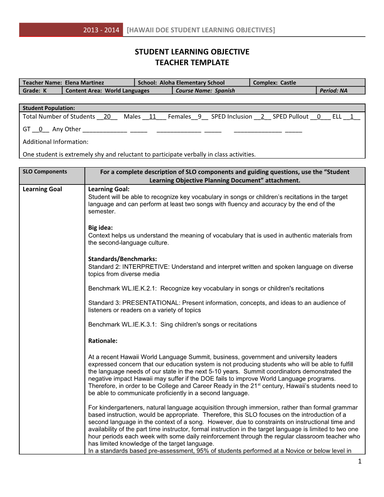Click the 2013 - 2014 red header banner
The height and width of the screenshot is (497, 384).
click(x=71, y=30)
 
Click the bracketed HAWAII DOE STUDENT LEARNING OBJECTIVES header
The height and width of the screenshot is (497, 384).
click(x=201, y=30)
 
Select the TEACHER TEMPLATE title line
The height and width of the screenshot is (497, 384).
click(x=192, y=63)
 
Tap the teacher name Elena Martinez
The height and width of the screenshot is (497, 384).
click(x=84, y=82)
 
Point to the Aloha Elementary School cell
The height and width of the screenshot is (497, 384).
click(x=192, y=82)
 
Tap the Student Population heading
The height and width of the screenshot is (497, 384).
click(x=49, y=108)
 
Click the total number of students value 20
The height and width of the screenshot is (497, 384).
click(x=107, y=117)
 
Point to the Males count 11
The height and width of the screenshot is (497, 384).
click(x=152, y=117)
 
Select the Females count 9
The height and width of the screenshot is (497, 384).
click(x=200, y=117)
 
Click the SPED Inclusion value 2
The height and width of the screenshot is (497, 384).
click(x=262, y=117)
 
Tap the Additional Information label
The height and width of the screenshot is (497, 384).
click(x=55, y=142)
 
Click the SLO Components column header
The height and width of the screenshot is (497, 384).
click(x=45, y=172)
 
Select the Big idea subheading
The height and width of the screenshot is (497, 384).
click(x=100, y=227)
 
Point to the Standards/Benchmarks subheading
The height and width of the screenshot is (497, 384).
click(x=122, y=259)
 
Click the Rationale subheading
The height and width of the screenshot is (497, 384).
click(x=103, y=341)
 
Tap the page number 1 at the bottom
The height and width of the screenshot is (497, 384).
click(x=360, y=461)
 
